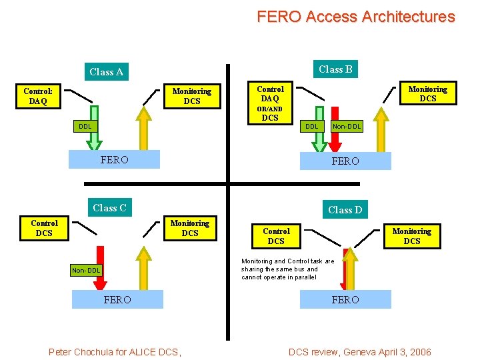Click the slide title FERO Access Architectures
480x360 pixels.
coord(355,17)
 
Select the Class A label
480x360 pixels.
coord(107,72)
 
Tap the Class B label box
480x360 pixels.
coord(335,69)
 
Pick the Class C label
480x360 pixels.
coord(109,208)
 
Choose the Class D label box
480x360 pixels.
coord(345,210)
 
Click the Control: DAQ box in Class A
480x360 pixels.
coord(38,96)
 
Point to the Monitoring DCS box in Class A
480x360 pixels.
coord(191,96)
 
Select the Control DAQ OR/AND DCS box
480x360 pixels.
coord(270,103)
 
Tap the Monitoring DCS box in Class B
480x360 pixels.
coord(427,93)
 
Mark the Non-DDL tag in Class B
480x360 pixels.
coord(347,126)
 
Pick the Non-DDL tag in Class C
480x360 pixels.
coord(86,270)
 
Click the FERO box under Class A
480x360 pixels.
coord(115,160)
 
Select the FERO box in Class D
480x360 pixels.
coord(345,299)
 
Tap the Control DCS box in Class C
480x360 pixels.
coord(44,228)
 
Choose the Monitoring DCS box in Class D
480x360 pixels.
coord(411,236)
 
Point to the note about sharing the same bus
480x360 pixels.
coord(288,269)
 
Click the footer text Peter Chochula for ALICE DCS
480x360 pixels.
coord(115,352)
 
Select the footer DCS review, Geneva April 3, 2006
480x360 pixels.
coord(359,352)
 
